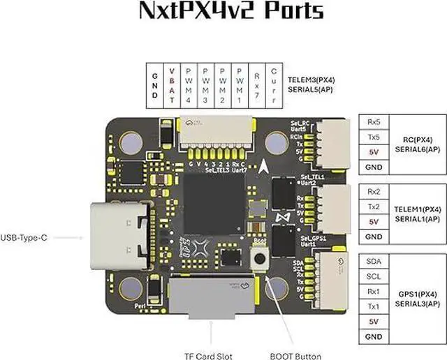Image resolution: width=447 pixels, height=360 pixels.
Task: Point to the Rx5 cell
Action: (x=374, y=121)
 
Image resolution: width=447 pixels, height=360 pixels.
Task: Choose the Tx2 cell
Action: (x=374, y=207)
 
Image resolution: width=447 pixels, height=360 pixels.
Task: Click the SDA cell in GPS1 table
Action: (x=374, y=260)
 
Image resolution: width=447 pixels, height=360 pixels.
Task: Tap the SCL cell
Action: (x=374, y=276)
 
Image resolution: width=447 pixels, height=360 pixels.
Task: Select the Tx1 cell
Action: (x=374, y=307)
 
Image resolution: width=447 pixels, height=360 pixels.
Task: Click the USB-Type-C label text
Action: (x=24, y=238)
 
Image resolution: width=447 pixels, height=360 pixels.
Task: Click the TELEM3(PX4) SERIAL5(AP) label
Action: (x=312, y=86)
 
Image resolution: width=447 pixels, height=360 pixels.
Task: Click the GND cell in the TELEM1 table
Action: (x=374, y=237)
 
